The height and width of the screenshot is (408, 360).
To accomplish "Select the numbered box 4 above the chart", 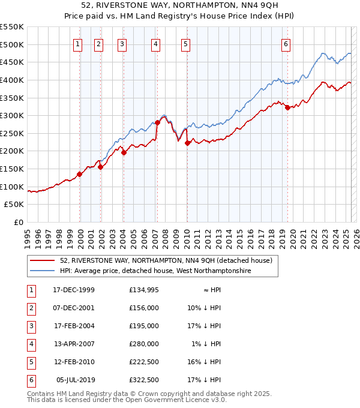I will click(155, 44).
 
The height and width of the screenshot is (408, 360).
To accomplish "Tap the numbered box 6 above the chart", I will click(286, 44).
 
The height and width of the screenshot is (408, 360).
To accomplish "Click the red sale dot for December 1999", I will click(79, 175).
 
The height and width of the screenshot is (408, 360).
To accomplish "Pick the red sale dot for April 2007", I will click(157, 122).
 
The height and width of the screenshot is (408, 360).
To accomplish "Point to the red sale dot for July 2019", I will click(287, 107).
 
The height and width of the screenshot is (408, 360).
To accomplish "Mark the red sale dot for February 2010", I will click(187, 143).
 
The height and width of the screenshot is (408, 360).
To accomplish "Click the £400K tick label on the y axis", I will click(12, 80).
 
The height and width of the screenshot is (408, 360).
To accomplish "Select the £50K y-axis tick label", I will click(14, 205).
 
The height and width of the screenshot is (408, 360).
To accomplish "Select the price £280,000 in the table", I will click(144, 344).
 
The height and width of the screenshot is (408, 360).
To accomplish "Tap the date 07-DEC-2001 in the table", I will click(74, 308).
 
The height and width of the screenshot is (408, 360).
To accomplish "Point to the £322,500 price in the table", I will click(144, 380).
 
